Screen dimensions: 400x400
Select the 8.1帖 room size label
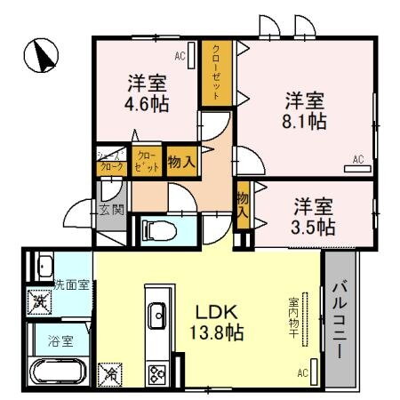coord(304,122)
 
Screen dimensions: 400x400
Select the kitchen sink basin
coord(156,314)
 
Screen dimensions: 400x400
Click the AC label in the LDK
coord(302,373)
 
